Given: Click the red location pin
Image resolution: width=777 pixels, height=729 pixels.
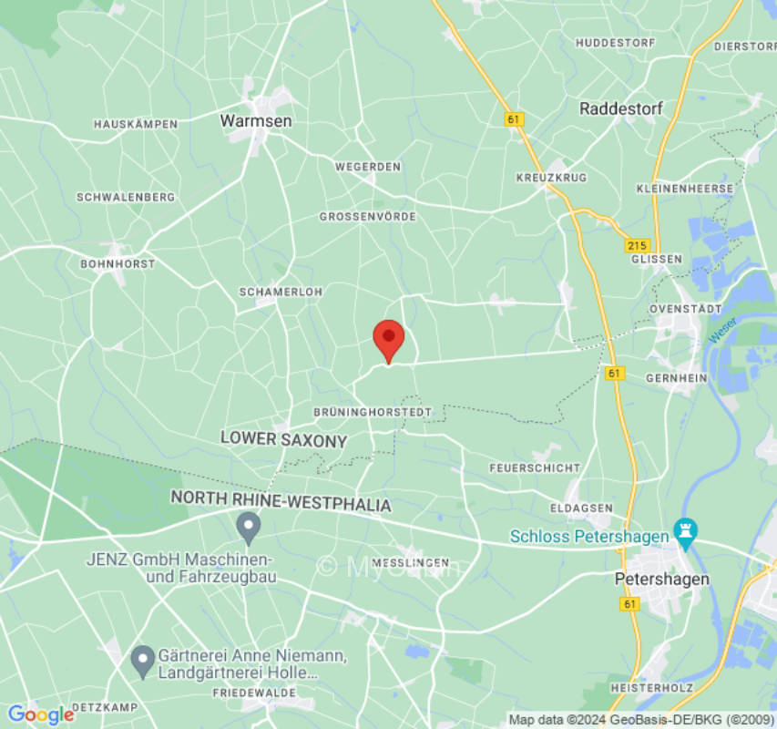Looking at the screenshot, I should (389, 340).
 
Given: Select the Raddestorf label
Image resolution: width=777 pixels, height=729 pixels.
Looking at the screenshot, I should (621, 108).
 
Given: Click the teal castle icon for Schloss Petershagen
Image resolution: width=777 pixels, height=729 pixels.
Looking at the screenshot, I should (683, 529).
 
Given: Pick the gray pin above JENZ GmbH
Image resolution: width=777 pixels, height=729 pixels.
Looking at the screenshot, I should (248, 526).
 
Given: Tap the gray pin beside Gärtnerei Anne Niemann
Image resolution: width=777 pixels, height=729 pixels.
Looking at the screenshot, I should (142, 660).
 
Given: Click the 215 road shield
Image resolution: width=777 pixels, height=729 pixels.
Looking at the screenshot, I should (637, 246).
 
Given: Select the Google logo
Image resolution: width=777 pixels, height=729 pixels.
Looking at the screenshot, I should (40, 714).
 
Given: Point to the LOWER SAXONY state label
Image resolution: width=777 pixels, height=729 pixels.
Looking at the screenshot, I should (284, 439).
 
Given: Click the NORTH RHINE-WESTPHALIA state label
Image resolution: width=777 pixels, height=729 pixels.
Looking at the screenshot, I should (281, 504).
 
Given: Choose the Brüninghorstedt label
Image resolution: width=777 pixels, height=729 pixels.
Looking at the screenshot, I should (373, 413).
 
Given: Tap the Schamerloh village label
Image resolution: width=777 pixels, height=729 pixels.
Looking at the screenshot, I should (268, 292).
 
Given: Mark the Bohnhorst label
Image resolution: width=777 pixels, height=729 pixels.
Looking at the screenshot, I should (118, 264).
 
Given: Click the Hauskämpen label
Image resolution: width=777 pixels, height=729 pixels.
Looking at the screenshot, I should (136, 124).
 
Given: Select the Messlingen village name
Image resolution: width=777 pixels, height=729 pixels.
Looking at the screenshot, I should (410, 561).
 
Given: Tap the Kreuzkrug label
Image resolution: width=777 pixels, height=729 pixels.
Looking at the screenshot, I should (551, 177).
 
